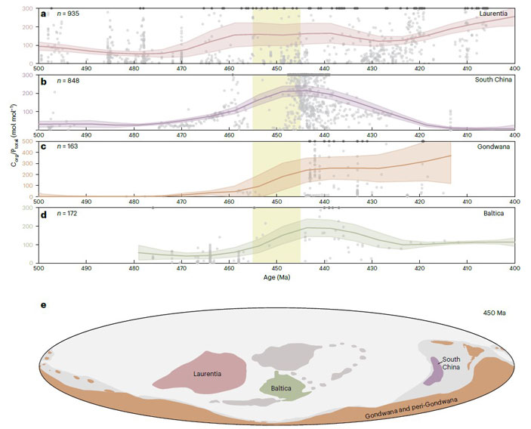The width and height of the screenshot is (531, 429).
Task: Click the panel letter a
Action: pos(43,14)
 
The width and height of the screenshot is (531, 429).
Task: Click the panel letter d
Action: pos(43,214)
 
